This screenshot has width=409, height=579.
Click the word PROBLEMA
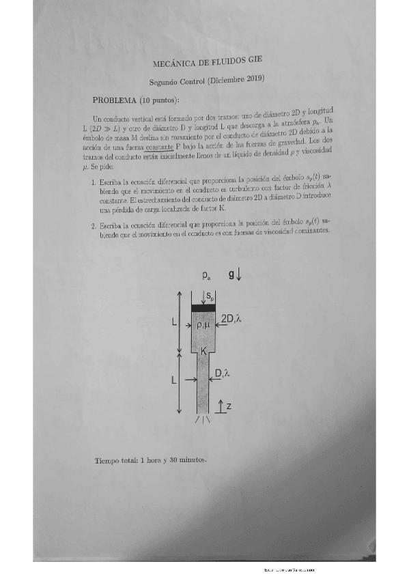[x=114, y=100]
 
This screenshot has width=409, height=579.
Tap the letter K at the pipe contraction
[x=203, y=351]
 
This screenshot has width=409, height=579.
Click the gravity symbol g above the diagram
[x=234, y=275]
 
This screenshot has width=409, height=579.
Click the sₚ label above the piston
[x=211, y=297]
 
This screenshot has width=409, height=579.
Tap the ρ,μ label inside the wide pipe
[x=204, y=326]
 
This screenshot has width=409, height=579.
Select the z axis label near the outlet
[x=229, y=406]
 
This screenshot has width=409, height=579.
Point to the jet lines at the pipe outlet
[x=203, y=421]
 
